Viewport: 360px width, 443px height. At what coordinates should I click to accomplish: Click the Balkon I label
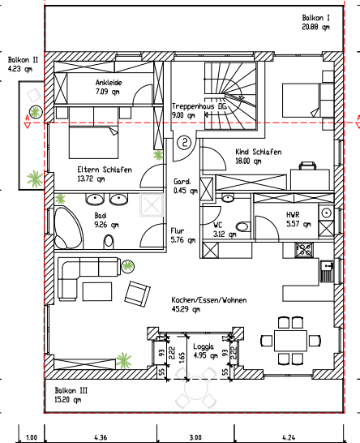click(x=315, y=17)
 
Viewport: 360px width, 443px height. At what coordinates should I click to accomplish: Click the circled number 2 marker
click(x=185, y=143)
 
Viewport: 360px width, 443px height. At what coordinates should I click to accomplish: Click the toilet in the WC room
click(x=242, y=226)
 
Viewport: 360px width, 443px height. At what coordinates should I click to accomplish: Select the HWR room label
click(x=293, y=214)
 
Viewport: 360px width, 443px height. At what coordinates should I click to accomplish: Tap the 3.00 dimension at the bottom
click(x=195, y=437)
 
